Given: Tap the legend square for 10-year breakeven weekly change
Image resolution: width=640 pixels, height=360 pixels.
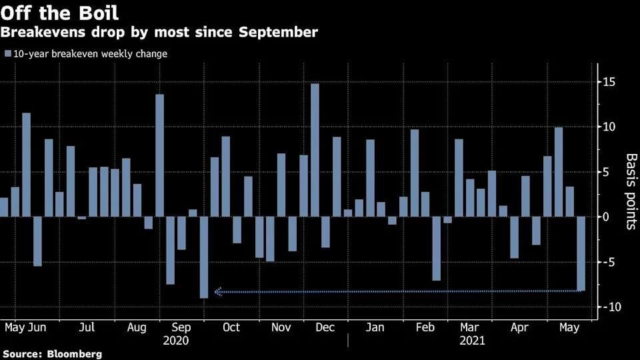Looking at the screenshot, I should click(x=8, y=54).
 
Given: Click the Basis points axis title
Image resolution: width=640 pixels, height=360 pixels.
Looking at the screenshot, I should click(x=630, y=191).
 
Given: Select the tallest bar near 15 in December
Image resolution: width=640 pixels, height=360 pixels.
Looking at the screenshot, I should click(x=315, y=149).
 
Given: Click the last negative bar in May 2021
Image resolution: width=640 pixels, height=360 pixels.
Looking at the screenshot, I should click(x=581, y=253).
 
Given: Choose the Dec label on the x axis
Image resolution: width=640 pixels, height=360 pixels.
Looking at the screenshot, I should click(x=325, y=328).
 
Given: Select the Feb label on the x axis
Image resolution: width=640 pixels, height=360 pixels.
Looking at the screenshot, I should click(x=425, y=328).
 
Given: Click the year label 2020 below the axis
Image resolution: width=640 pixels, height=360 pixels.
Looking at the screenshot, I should click(x=175, y=340).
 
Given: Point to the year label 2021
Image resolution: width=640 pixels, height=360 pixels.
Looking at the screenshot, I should click(x=471, y=340).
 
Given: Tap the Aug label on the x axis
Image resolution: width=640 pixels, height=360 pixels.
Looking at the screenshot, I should click(x=136, y=328).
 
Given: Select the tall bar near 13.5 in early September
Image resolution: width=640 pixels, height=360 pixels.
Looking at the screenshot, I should click(x=159, y=155).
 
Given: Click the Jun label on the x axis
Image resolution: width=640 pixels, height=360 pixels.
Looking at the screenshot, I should click(x=37, y=328).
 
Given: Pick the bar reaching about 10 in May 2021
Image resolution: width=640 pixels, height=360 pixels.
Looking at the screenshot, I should click(x=559, y=172).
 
